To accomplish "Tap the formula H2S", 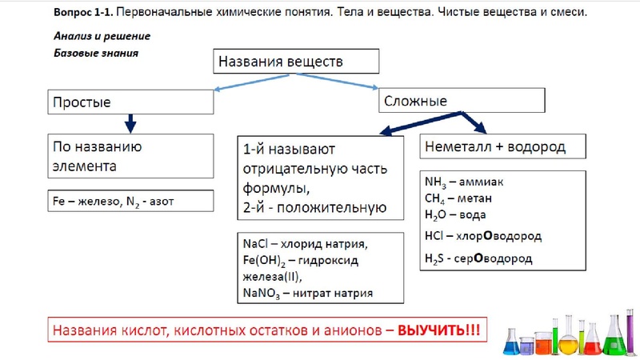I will click(436, 258).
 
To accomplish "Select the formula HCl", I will click(436, 237).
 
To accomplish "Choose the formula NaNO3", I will click(261, 294).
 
